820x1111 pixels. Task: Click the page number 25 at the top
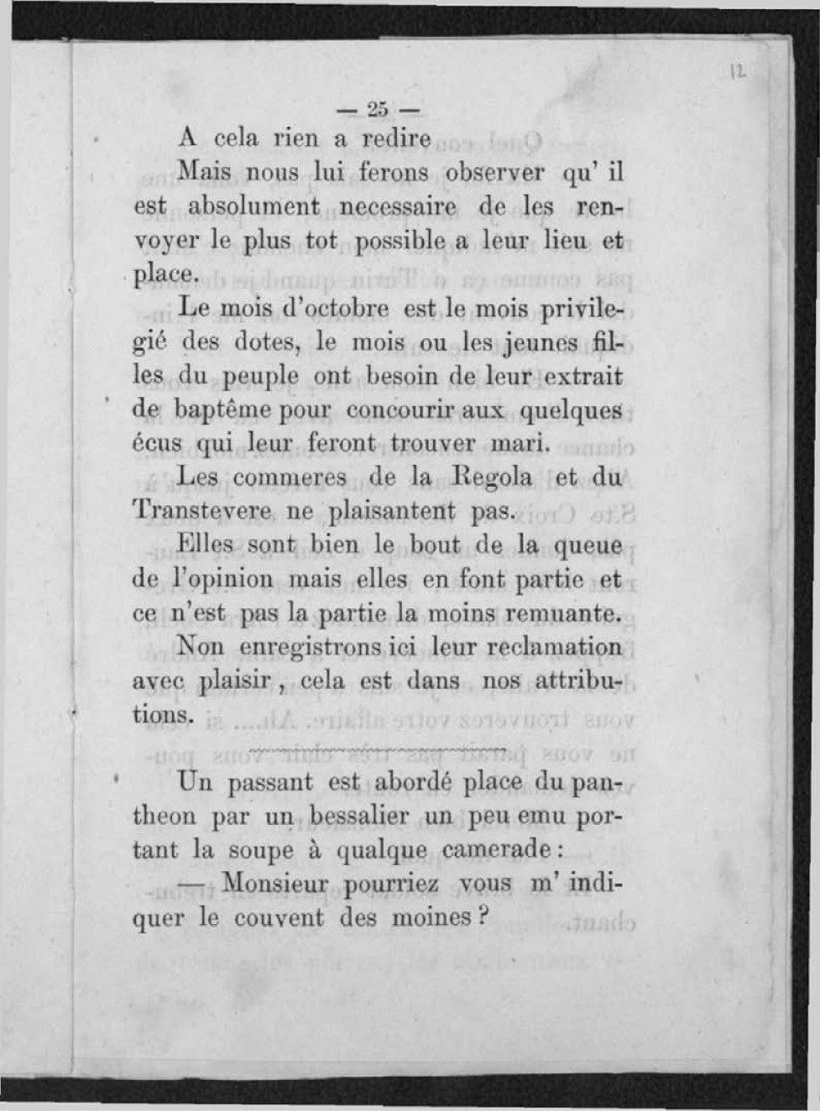pos(378,109)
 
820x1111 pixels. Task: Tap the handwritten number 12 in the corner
pos(738,73)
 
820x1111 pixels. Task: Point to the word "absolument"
pos(253,206)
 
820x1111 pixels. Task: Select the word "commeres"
pos(289,477)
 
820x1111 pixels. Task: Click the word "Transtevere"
pos(201,511)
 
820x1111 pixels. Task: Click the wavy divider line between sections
pos(378,748)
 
